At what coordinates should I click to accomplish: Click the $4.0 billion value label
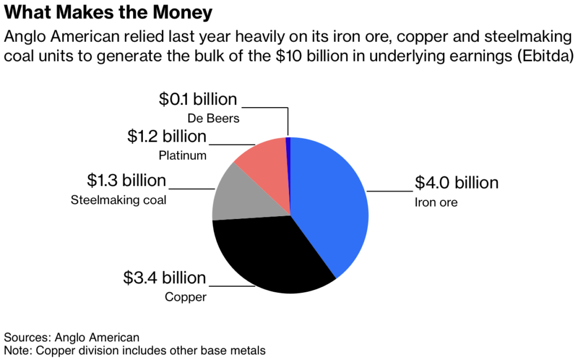[x=457, y=183]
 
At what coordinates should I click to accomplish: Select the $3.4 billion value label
[x=165, y=278]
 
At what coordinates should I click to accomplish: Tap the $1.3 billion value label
[x=126, y=181]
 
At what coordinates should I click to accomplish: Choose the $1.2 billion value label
[x=167, y=136]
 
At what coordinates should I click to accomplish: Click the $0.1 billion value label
[x=198, y=99]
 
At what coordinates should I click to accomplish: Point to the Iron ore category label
[x=436, y=202]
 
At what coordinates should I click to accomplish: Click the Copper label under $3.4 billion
[x=186, y=297]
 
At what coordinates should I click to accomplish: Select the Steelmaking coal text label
[x=118, y=200]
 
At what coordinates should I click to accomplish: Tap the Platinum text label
[x=183, y=155]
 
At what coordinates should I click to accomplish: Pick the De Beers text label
[x=213, y=118]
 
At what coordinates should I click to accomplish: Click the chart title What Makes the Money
[x=100, y=12]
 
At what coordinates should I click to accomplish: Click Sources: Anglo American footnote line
[x=72, y=337]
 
